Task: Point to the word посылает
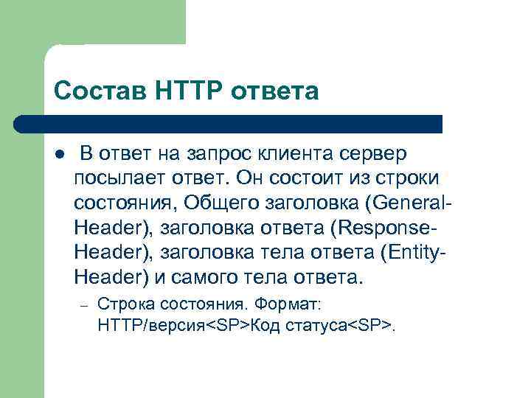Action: point(116,178)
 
